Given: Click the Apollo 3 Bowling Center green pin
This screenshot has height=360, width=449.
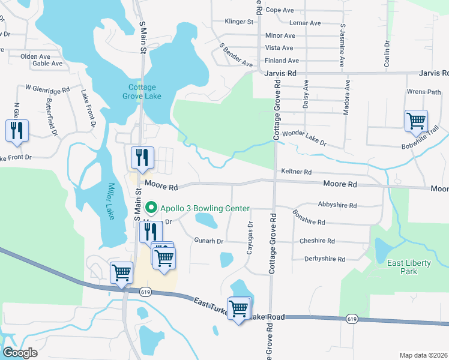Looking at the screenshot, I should pyautogui.click(x=151, y=208).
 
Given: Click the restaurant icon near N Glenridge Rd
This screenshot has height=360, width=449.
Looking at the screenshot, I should pyautogui.click(x=17, y=131).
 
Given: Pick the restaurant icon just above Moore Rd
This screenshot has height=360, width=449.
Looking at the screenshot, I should pyautogui.click(x=142, y=158).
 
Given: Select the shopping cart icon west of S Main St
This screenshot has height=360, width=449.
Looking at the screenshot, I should pyautogui.click(x=122, y=272).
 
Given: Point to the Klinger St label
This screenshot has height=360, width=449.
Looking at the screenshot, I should pyautogui.click(x=239, y=22).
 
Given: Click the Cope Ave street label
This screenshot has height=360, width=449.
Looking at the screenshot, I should pyautogui.click(x=279, y=10).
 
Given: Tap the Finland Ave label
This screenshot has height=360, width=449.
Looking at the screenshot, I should pyautogui.click(x=282, y=61).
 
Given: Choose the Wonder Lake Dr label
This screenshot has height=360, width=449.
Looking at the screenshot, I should pyautogui.click(x=304, y=139).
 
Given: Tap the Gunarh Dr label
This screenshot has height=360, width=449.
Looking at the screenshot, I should pyautogui.click(x=208, y=241).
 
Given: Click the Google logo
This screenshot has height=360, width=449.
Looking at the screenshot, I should pyautogui.click(x=20, y=353).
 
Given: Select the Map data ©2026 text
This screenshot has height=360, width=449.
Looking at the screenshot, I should pyautogui.click(x=423, y=355).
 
